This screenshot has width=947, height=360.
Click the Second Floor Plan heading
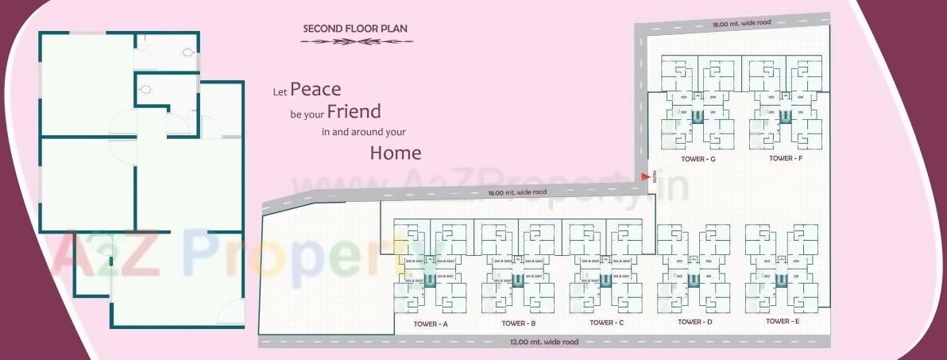coord(355,29)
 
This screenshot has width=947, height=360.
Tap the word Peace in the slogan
coord(315,89)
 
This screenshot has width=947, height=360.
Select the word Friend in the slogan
coord(354,111)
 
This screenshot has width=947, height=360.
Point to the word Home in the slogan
coord(395,153)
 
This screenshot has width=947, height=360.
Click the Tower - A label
coord(431,324)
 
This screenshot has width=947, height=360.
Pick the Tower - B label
coord(519,323)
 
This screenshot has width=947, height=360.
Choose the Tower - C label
coord(607,323)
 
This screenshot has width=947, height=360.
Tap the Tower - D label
coord(694,322)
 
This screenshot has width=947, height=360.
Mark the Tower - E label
coord(783,321)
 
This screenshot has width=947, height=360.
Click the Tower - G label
coord(698,159)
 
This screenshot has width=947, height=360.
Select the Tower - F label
coord(786,158)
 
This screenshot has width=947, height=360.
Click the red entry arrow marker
coord(645,178)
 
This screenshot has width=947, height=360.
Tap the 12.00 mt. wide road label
coord(543,342)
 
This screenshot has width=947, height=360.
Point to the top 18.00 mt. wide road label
coord(740,23)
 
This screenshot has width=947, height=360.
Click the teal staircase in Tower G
coord(698,117)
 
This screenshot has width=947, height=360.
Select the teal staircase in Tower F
coord(785,117)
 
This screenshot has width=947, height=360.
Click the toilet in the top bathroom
coord(187,52)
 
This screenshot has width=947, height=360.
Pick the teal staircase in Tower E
coord(782,280)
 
